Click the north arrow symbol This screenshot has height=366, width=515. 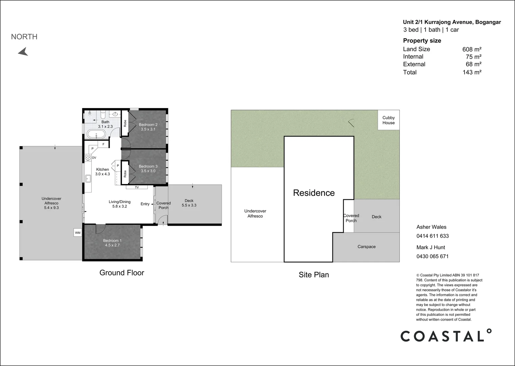click(x=23, y=52)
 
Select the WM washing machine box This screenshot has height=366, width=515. click(x=78, y=232)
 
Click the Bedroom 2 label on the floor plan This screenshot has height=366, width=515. click(x=148, y=125)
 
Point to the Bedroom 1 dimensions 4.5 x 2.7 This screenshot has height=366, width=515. click(x=112, y=245)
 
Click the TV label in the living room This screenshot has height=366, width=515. click(x=137, y=187)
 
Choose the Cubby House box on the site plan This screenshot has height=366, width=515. click(x=389, y=120)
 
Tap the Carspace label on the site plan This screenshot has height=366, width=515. click(x=366, y=247)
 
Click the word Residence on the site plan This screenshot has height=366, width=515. click(x=314, y=193)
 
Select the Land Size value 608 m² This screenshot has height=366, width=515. click(x=472, y=49)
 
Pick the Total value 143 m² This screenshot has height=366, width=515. click(x=472, y=72)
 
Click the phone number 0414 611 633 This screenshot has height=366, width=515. click(x=432, y=236)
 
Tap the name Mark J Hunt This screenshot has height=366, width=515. click(x=431, y=247)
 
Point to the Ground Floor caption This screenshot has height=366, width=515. click(x=122, y=273)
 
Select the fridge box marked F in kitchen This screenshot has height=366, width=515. click(x=103, y=144)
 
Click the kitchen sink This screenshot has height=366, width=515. click(x=88, y=179)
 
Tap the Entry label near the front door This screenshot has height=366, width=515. click(x=145, y=204)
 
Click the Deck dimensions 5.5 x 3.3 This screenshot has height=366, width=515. click(x=189, y=205)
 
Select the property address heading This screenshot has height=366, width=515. click(x=452, y=22)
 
